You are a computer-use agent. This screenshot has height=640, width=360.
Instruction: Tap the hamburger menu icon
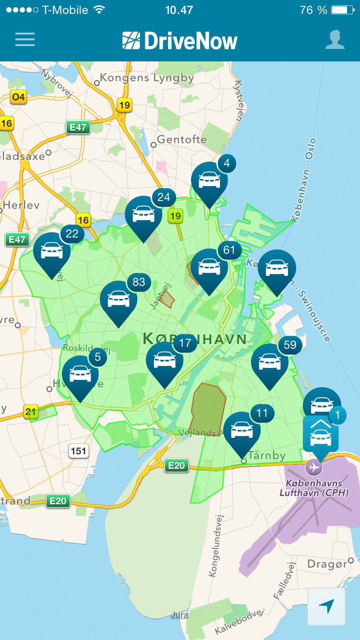[25, 39]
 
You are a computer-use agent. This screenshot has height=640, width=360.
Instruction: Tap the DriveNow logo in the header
[180, 41]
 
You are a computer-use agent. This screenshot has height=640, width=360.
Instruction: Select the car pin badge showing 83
[139, 282]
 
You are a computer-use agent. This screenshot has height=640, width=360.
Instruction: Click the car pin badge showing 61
[229, 249]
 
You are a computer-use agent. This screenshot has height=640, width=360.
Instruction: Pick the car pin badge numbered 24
[164, 197]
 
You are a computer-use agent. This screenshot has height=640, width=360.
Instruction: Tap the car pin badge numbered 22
[72, 234]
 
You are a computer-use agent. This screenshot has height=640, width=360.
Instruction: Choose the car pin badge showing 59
[290, 344]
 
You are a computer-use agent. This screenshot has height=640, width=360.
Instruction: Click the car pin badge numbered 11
[262, 413]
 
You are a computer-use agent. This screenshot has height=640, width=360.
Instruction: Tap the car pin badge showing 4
[227, 164]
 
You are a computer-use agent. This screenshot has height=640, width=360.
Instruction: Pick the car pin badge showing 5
[97, 357]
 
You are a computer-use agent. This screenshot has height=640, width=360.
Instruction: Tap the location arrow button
[326, 606]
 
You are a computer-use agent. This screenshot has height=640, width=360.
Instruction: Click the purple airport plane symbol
[314, 466]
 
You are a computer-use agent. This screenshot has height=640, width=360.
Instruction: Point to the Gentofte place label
[182, 140]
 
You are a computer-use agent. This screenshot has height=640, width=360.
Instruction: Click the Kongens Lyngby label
[146, 78]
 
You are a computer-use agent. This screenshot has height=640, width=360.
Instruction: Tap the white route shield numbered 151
[78, 450]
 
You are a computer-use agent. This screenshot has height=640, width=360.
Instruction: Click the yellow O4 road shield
[18, 97]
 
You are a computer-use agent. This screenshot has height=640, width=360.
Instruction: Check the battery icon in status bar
[342, 10]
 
